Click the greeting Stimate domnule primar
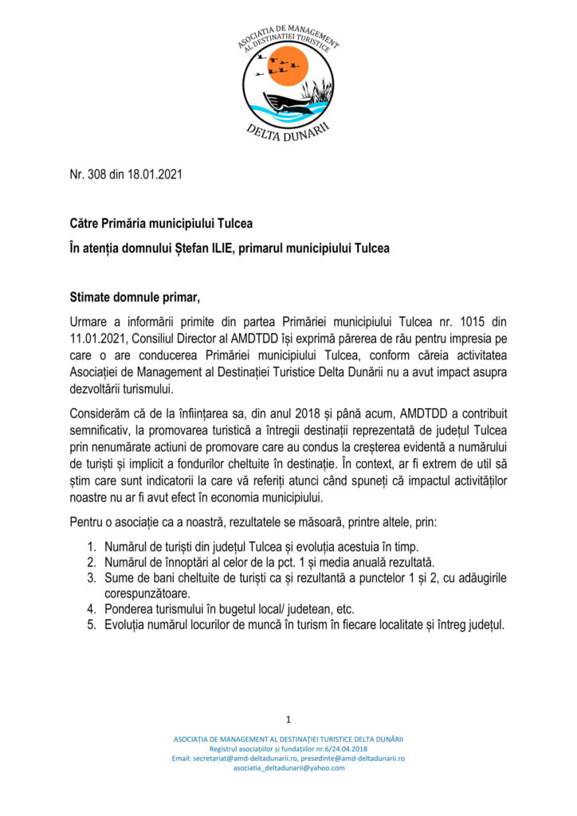pos(135,298)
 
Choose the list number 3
pos(92,577)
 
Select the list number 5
pos(92,624)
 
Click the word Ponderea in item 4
pos(130,609)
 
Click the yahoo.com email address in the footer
pos(288,768)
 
